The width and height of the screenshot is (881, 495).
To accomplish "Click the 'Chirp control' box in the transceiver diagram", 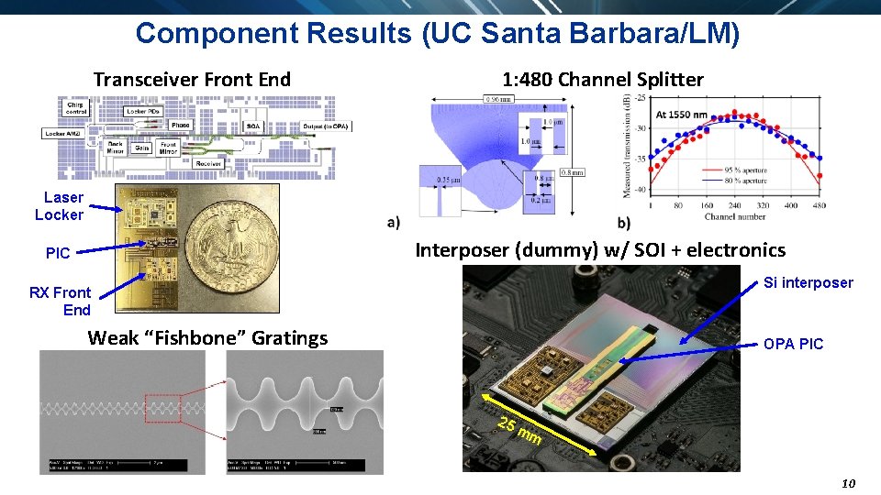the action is pyautogui.click(x=76, y=108).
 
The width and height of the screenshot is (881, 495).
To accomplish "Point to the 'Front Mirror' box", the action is pyautogui.click(x=168, y=148).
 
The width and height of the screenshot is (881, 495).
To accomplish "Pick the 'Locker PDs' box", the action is pyautogui.click(x=142, y=111).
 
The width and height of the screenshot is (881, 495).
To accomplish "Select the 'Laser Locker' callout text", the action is pyautogui.click(x=61, y=206).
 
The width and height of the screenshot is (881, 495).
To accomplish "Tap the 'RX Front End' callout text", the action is pyautogui.click(x=61, y=301).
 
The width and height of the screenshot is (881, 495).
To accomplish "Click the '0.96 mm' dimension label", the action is pyautogui.click(x=498, y=99).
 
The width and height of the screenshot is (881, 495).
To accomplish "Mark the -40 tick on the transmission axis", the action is pyautogui.click(x=640, y=190).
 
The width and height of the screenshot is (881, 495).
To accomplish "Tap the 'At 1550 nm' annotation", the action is pyautogui.click(x=681, y=115).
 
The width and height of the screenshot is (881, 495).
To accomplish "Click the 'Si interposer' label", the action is pyautogui.click(x=808, y=282).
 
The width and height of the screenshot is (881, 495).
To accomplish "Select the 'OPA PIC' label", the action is pyautogui.click(x=793, y=344).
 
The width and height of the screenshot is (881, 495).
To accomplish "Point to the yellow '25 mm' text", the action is pyautogui.click(x=518, y=430).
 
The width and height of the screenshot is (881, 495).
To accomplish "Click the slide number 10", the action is pyautogui.click(x=847, y=483).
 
